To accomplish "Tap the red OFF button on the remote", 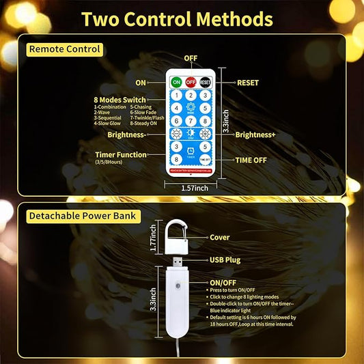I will click(x=191, y=82).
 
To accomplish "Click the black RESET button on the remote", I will click(x=205, y=82).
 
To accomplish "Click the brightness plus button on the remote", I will click(x=205, y=134).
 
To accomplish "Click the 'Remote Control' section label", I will click(x=64, y=49).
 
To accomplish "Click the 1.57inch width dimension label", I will click(x=191, y=187).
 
